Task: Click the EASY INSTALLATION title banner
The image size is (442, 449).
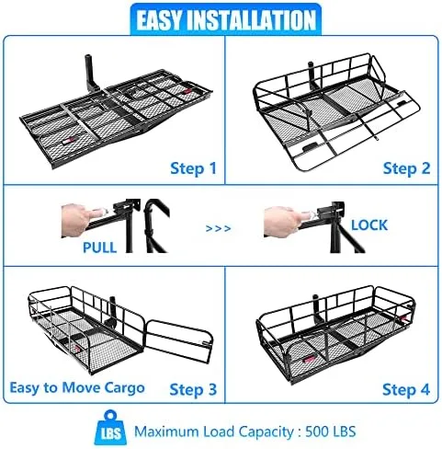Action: [x=226, y=19]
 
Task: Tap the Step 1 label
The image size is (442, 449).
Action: [x=193, y=168]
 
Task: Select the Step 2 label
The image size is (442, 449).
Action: [x=407, y=168]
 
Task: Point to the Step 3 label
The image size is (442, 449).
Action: [x=193, y=389]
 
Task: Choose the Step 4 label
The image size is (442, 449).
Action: [x=406, y=389]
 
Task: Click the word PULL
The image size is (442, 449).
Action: [x=100, y=248]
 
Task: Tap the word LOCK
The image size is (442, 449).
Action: [x=369, y=225]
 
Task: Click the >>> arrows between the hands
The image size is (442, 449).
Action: [x=218, y=228]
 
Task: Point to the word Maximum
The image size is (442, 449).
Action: [x=166, y=432]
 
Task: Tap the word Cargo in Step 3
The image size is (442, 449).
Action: [x=124, y=389]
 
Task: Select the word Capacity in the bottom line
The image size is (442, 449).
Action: [x=266, y=432]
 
